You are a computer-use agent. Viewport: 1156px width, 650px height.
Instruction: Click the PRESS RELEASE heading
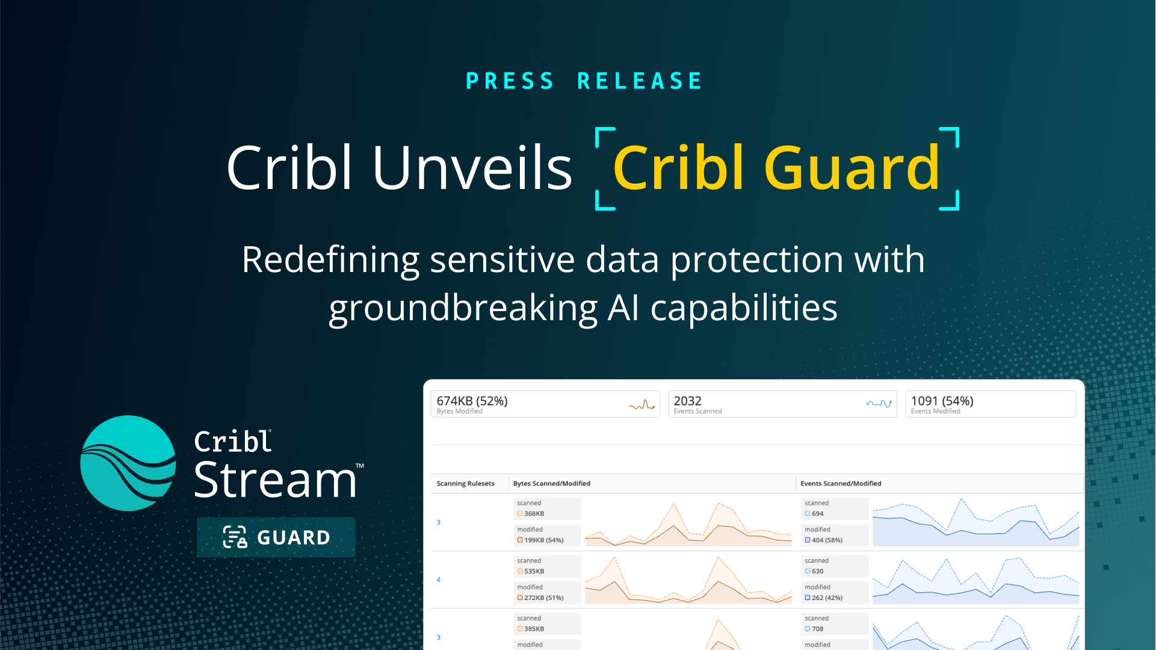[584, 81]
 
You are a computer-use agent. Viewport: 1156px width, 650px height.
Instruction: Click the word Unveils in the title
[472, 168]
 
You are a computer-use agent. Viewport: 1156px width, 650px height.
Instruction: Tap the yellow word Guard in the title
[851, 168]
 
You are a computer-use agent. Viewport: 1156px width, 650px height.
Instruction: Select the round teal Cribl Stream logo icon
[128, 463]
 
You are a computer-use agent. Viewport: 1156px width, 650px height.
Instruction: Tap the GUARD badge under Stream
[276, 537]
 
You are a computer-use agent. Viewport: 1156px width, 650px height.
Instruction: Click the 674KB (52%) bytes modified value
[472, 401]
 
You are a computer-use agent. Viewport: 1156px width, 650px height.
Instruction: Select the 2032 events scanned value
[687, 401]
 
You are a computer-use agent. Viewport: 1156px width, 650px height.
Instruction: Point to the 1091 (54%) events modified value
[942, 401]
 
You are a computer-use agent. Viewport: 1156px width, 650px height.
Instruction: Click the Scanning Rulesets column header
[465, 483]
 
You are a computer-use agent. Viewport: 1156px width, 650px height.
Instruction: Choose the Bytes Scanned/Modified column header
[551, 483]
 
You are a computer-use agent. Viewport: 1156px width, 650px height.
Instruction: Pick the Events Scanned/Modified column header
[840, 483]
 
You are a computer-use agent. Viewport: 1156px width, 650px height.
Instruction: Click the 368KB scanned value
[534, 513]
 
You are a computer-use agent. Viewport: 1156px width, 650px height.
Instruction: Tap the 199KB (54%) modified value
[543, 540]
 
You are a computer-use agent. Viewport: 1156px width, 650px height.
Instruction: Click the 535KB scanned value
[534, 571]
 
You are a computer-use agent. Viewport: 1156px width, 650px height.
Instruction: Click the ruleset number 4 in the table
[439, 580]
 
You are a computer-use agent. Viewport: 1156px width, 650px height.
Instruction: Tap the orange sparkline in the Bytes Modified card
[641, 404]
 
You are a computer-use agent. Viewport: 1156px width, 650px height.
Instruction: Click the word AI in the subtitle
[623, 308]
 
